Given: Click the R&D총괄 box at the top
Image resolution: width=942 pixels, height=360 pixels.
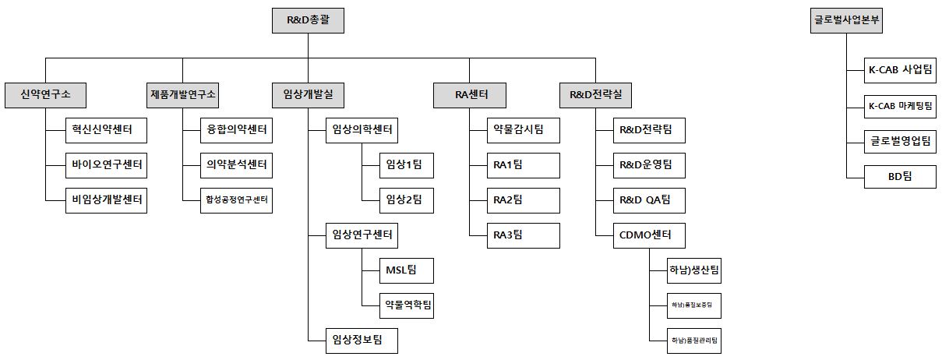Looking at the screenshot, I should (308, 20).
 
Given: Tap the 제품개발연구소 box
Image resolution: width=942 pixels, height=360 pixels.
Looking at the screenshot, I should (183, 95).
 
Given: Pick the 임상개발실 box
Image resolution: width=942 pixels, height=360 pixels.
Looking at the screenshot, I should (308, 95).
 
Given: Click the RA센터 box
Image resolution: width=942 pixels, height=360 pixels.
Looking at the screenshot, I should (471, 95).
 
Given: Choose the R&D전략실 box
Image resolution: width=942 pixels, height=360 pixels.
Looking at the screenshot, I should (596, 95).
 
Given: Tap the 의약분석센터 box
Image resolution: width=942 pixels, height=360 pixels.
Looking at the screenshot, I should (236, 164).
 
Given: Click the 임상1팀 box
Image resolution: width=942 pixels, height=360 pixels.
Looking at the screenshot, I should (397, 164).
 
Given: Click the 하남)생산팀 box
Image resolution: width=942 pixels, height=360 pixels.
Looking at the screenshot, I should (695, 270).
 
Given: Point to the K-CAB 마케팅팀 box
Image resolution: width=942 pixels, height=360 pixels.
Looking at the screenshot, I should (901, 105).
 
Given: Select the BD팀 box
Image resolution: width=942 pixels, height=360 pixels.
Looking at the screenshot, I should (901, 176).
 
